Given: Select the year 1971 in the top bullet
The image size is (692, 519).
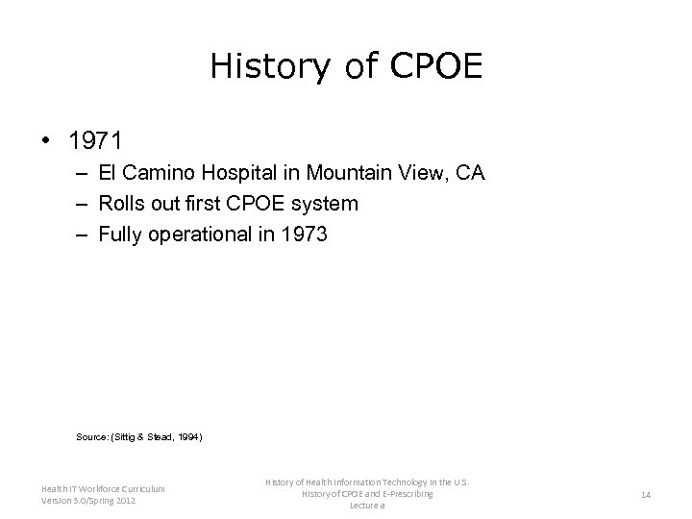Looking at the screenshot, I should (x=95, y=141).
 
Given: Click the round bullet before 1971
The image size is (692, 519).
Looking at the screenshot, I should (x=44, y=141).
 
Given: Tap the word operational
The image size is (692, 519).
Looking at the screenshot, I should (x=211, y=234).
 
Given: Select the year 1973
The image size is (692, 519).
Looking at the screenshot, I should (x=306, y=234).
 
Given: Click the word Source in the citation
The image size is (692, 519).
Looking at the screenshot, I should (x=92, y=436).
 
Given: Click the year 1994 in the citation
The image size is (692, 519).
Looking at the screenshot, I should (x=186, y=436).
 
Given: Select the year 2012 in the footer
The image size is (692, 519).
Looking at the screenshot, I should (x=124, y=501).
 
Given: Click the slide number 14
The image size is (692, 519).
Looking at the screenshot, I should (x=645, y=494).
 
